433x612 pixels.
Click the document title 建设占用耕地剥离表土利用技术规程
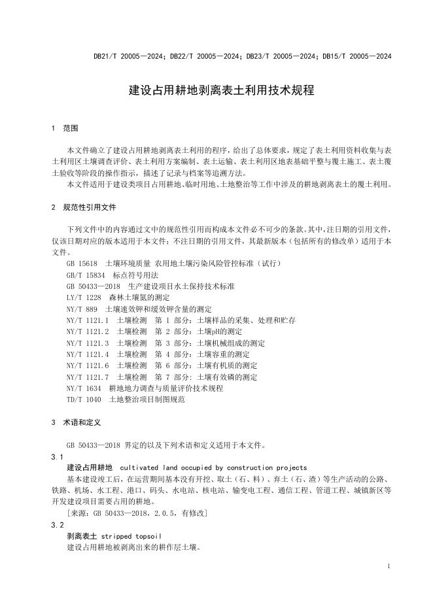(x=222, y=91)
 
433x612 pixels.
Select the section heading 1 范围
(x=65, y=127)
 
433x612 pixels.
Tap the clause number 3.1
(x=57, y=456)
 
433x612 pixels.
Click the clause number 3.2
(x=57, y=525)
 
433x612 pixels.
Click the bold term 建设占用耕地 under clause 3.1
(x=90, y=467)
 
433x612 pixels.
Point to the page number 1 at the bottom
(x=389, y=566)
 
